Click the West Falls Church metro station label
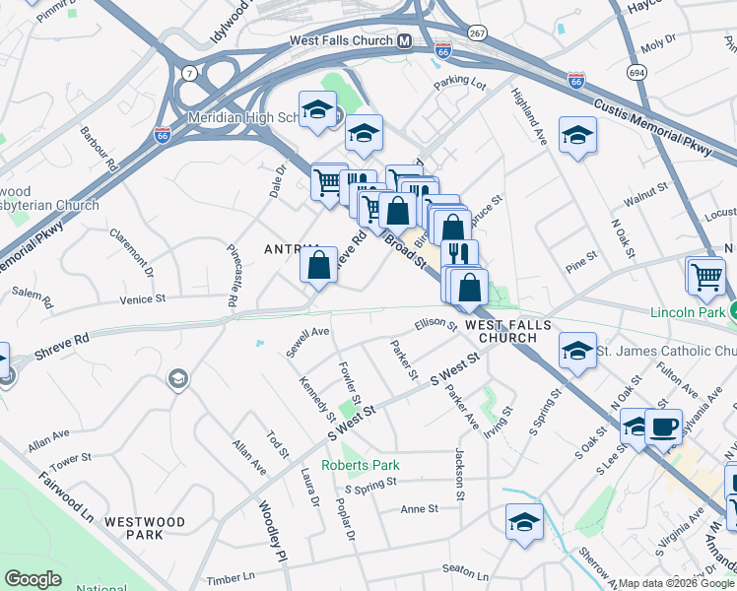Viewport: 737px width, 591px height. (x=341, y=41)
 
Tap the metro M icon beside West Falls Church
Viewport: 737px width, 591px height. (x=404, y=41)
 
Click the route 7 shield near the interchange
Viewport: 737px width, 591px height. (x=187, y=72)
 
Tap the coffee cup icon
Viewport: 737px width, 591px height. (x=664, y=427)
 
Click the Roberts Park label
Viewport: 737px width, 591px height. (x=359, y=465)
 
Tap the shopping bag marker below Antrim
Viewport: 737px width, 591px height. (x=318, y=266)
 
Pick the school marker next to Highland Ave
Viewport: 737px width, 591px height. (x=577, y=137)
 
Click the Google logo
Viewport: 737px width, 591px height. (x=33, y=578)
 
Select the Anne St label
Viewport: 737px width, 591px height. (x=419, y=509)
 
